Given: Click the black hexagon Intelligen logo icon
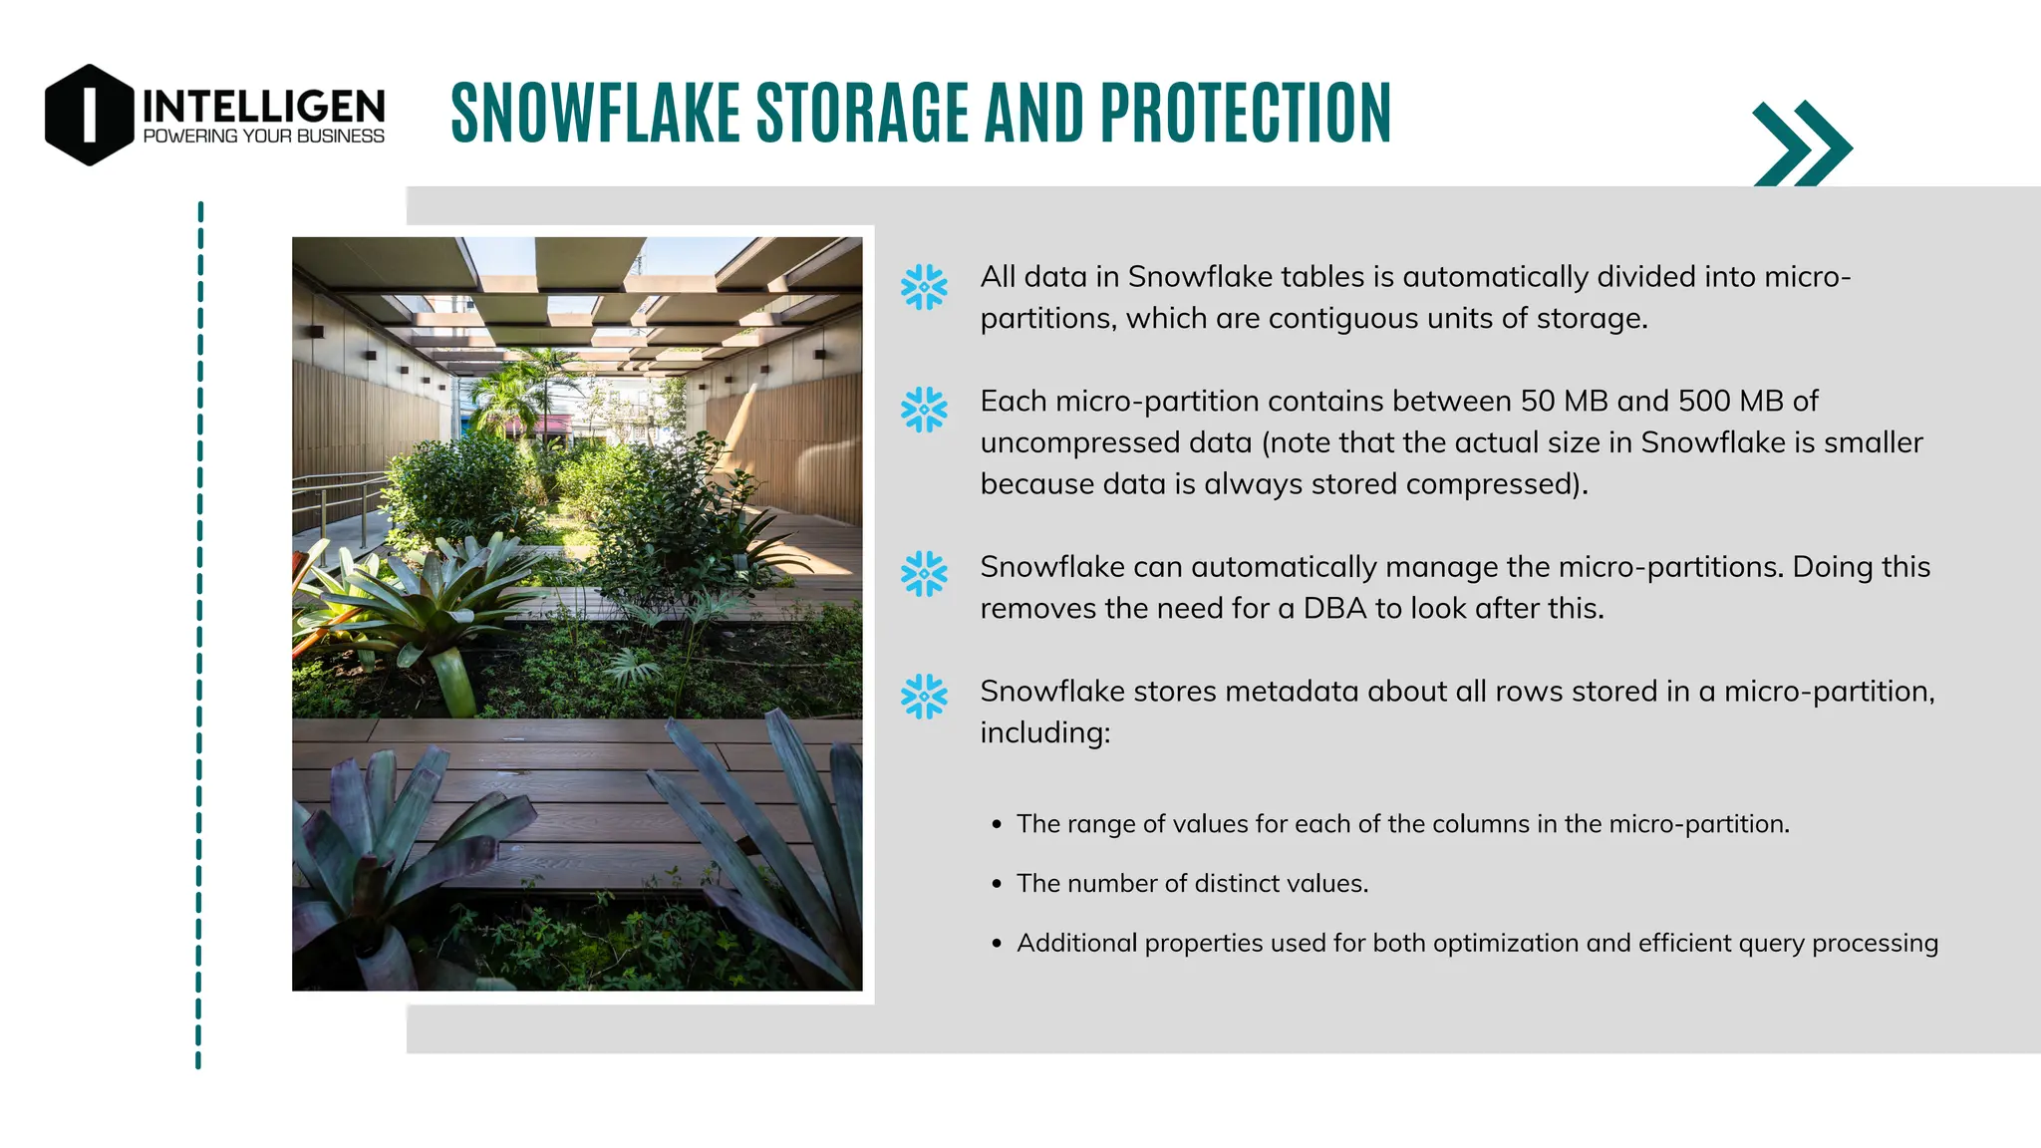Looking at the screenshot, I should coord(89,115).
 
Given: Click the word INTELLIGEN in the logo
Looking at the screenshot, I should coord(263,107).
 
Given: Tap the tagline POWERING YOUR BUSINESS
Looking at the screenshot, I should coord(263,137).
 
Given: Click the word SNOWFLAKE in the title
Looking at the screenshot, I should coord(595,113).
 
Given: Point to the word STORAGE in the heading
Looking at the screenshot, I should coord(863,113).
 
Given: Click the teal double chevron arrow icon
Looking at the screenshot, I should coord(1802,145).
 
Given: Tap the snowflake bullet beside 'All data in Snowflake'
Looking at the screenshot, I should coord(924,287).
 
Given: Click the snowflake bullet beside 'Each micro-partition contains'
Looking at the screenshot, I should coord(924,410).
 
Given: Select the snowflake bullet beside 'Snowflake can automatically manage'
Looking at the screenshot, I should coord(924,574).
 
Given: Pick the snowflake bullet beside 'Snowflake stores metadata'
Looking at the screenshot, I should coord(924,697).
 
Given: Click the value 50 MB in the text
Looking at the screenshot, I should coord(1565,401).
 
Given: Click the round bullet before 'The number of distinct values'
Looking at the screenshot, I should coord(997,885).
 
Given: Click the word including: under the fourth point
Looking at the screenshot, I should coord(1044,732).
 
